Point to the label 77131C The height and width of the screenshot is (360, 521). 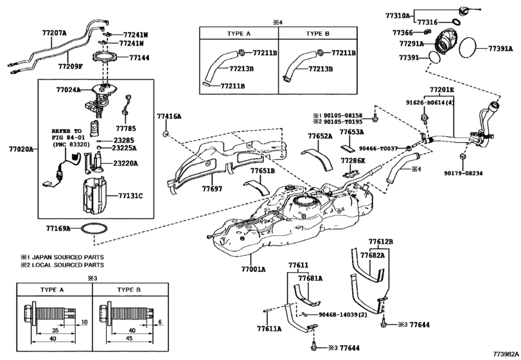(131, 195)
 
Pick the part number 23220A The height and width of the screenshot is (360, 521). (125, 163)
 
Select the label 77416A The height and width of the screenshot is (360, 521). (169, 116)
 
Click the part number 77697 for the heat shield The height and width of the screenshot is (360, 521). (213, 189)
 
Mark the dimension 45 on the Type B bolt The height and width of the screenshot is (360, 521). (129, 337)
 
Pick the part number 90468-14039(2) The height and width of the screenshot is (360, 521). (343, 315)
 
